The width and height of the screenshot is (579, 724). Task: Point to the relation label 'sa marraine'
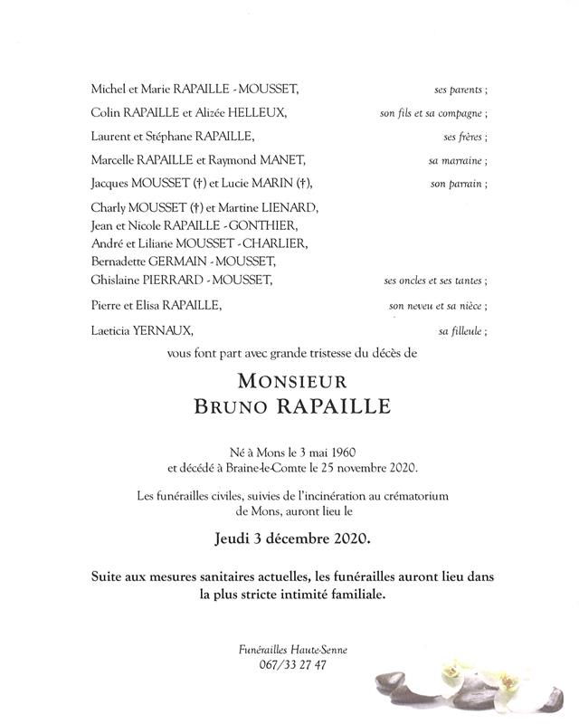[x=458, y=160]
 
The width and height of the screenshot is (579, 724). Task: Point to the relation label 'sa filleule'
[x=462, y=331]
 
